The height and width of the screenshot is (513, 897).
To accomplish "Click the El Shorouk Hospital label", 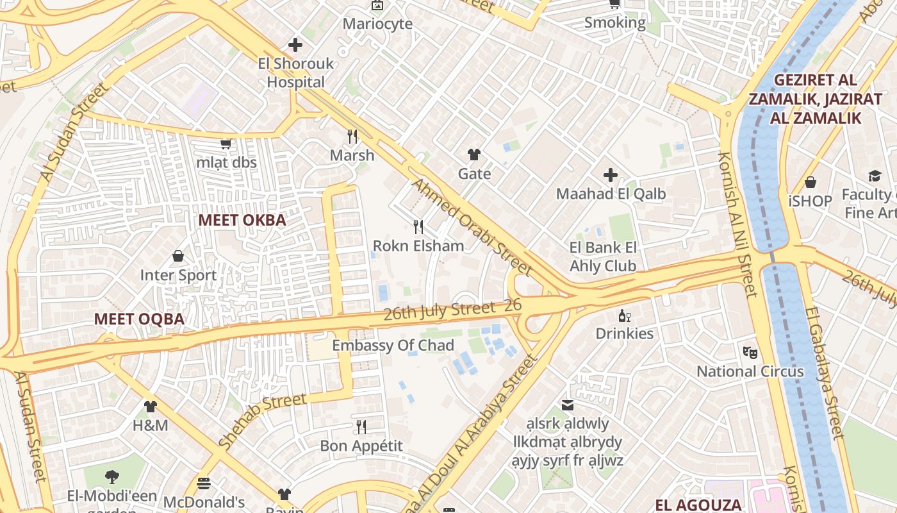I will pos(296,72).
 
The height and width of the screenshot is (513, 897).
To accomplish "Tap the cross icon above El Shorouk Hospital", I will pos(295,45).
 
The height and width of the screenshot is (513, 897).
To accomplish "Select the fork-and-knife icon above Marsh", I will pos(352,136).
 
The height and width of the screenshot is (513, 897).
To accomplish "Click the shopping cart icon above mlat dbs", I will pos(226,144).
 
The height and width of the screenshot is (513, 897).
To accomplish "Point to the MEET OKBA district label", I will pos(242,220).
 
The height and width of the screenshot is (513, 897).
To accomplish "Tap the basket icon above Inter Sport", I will pos(178,256).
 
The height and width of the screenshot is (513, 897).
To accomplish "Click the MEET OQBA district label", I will pos(139,319).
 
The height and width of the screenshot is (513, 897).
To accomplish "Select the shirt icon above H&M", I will pos(150,406).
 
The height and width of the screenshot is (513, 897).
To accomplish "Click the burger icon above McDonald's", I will pos(204,483).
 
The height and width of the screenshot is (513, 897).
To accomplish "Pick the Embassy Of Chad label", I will pos(393,345).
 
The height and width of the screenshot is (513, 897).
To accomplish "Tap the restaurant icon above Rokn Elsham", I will pos(418,226).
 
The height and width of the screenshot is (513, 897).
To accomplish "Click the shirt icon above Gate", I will pos(474,155).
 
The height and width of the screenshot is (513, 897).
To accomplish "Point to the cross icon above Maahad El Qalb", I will pos(611,174).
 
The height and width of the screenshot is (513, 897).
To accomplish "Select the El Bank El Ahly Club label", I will pos(603,256).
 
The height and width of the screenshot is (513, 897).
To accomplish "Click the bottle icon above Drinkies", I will pos(624,315).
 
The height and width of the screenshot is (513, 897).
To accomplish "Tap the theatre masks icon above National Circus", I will pos(750,352).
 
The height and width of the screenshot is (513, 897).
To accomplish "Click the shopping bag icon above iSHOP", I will pos(811,182).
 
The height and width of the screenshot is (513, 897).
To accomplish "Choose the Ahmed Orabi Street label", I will pos(471,226).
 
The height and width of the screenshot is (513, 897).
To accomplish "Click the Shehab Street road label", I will pos(262,421).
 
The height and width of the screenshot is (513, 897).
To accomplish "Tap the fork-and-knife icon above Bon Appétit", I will pos(361,426).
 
